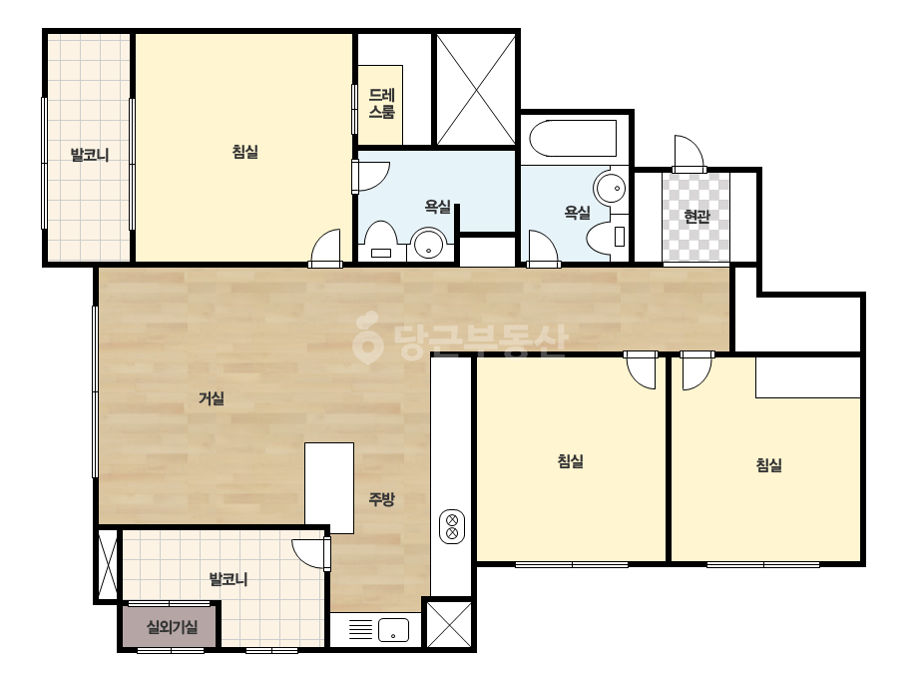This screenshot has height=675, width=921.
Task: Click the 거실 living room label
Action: point(212,398)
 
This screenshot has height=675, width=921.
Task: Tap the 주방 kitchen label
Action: point(381,500)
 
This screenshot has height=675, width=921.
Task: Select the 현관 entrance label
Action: point(696,217)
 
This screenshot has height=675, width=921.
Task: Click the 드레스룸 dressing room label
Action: point(382,104)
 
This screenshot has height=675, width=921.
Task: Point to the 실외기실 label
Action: point(172,627)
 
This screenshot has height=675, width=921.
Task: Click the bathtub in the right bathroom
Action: point(574,138)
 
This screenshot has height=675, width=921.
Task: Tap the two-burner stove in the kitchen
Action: point(452,526)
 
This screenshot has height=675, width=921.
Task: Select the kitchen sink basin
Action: point(393,630)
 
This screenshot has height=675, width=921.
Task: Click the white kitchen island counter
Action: point(329,488)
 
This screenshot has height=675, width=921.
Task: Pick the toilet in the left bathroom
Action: point(380,241)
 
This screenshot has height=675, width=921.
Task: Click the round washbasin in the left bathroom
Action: point(429,245)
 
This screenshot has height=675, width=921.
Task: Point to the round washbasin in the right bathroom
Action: point(610,187)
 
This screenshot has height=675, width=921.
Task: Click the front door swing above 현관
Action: point(689,154)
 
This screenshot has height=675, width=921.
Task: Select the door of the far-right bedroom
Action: point(697,370)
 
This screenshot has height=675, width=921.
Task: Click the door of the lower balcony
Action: point(312,553)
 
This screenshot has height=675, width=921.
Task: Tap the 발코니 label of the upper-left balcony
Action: point(90,155)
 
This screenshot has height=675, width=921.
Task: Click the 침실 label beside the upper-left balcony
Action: point(244,152)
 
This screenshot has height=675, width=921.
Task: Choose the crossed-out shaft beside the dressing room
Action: point(476,89)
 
